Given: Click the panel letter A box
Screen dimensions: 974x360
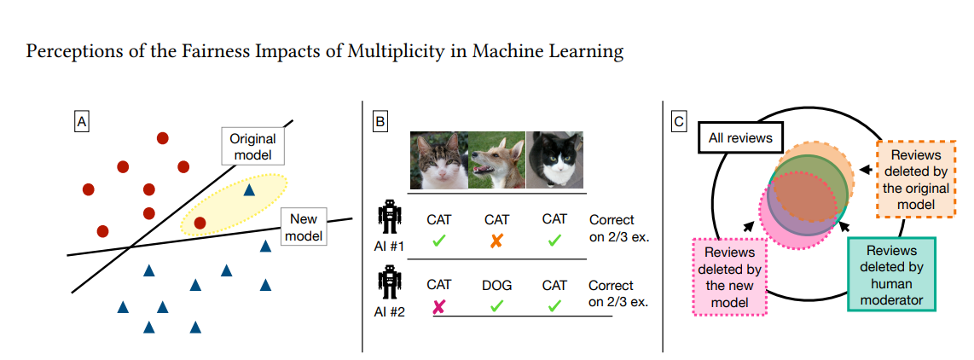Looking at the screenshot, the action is click(x=81, y=122).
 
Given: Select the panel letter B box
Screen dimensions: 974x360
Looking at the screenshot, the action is click(x=380, y=122).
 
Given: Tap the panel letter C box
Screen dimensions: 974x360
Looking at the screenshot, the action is click(x=679, y=122).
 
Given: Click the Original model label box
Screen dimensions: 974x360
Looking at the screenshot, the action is click(x=252, y=147).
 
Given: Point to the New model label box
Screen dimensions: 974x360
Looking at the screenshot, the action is click(x=304, y=227).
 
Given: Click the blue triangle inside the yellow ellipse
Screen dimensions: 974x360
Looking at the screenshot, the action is click(x=249, y=190).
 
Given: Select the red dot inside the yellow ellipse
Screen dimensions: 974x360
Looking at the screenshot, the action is click(x=200, y=223).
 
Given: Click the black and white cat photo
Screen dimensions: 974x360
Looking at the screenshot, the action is click(x=554, y=160).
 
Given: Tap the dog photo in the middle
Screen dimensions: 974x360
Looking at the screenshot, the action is click(x=497, y=160).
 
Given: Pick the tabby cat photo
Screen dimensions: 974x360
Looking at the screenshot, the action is click(x=439, y=160).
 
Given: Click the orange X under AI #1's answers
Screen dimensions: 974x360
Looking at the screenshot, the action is click(x=496, y=241).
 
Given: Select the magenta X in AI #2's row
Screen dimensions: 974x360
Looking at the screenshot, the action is click(x=438, y=306).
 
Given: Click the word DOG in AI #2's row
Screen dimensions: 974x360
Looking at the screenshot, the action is click(x=497, y=286).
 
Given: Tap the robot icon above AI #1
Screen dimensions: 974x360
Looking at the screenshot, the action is click(x=390, y=218).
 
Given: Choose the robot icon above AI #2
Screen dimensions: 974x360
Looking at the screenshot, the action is click(x=390, y=283).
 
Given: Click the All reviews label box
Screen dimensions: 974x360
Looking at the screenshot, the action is click(x=740, y=137).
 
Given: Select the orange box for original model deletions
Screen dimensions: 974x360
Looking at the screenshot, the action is click(x=916, y=179).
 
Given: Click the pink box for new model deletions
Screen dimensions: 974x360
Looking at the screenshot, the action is click(x=730, y=277).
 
